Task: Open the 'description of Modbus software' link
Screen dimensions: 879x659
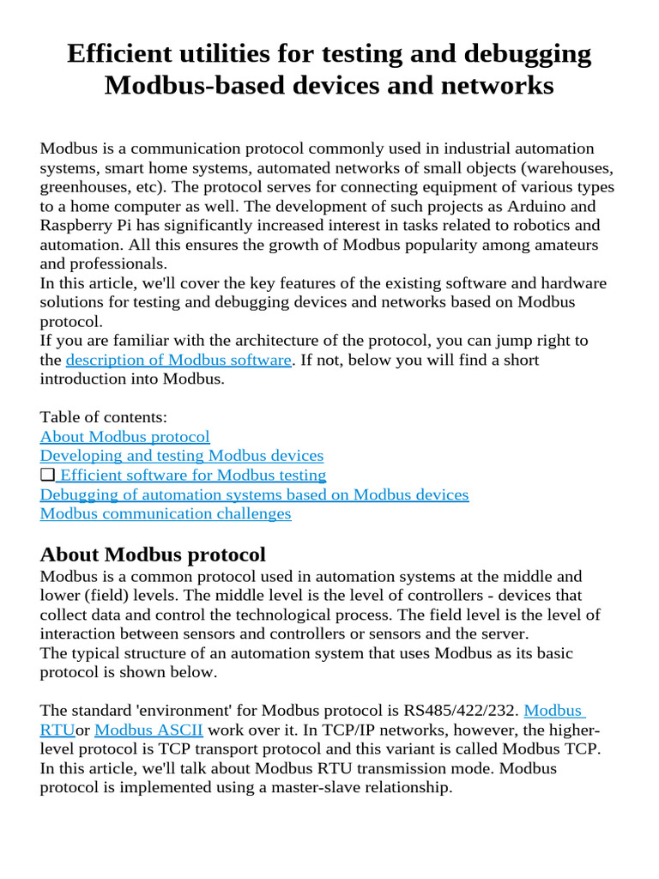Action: click(178, 360)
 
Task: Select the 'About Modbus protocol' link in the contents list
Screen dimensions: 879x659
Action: click(124, 436)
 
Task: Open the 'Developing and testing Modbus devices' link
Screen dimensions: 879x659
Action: click(181, 456)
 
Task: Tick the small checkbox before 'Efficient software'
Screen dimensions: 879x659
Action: click(47, 475)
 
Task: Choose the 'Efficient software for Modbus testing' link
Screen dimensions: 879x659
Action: click(193, 475)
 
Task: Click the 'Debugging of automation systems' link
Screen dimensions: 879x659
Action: click(254, 494)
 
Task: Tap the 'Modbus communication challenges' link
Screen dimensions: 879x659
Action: click(166, 513)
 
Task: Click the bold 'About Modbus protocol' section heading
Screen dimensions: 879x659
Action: click(153, 554)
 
